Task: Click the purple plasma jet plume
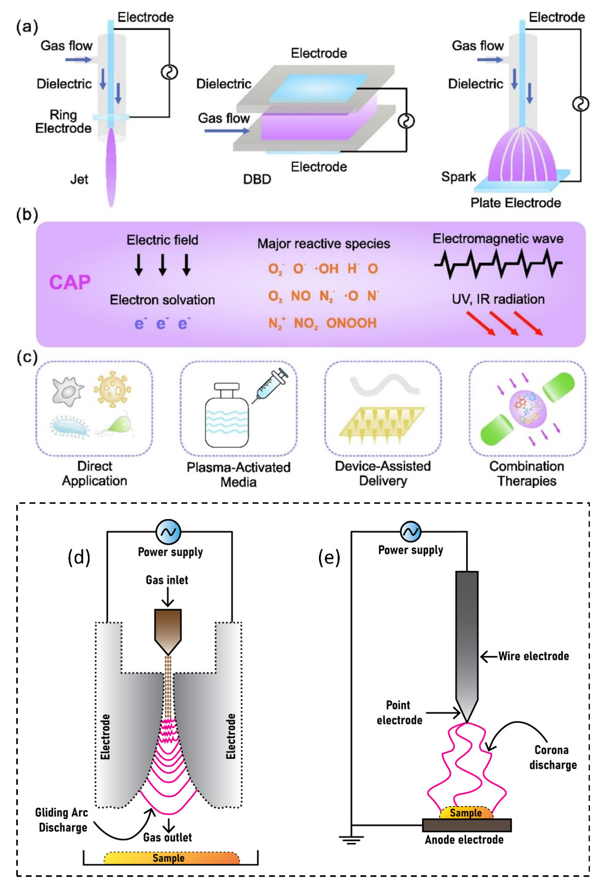(x=111, y=168)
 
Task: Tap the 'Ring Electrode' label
(x=63, y=121)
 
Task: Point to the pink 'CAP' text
(x=70, y=282)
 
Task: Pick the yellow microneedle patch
(x=382, y=424)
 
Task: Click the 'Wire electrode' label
(x=533, y=656)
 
